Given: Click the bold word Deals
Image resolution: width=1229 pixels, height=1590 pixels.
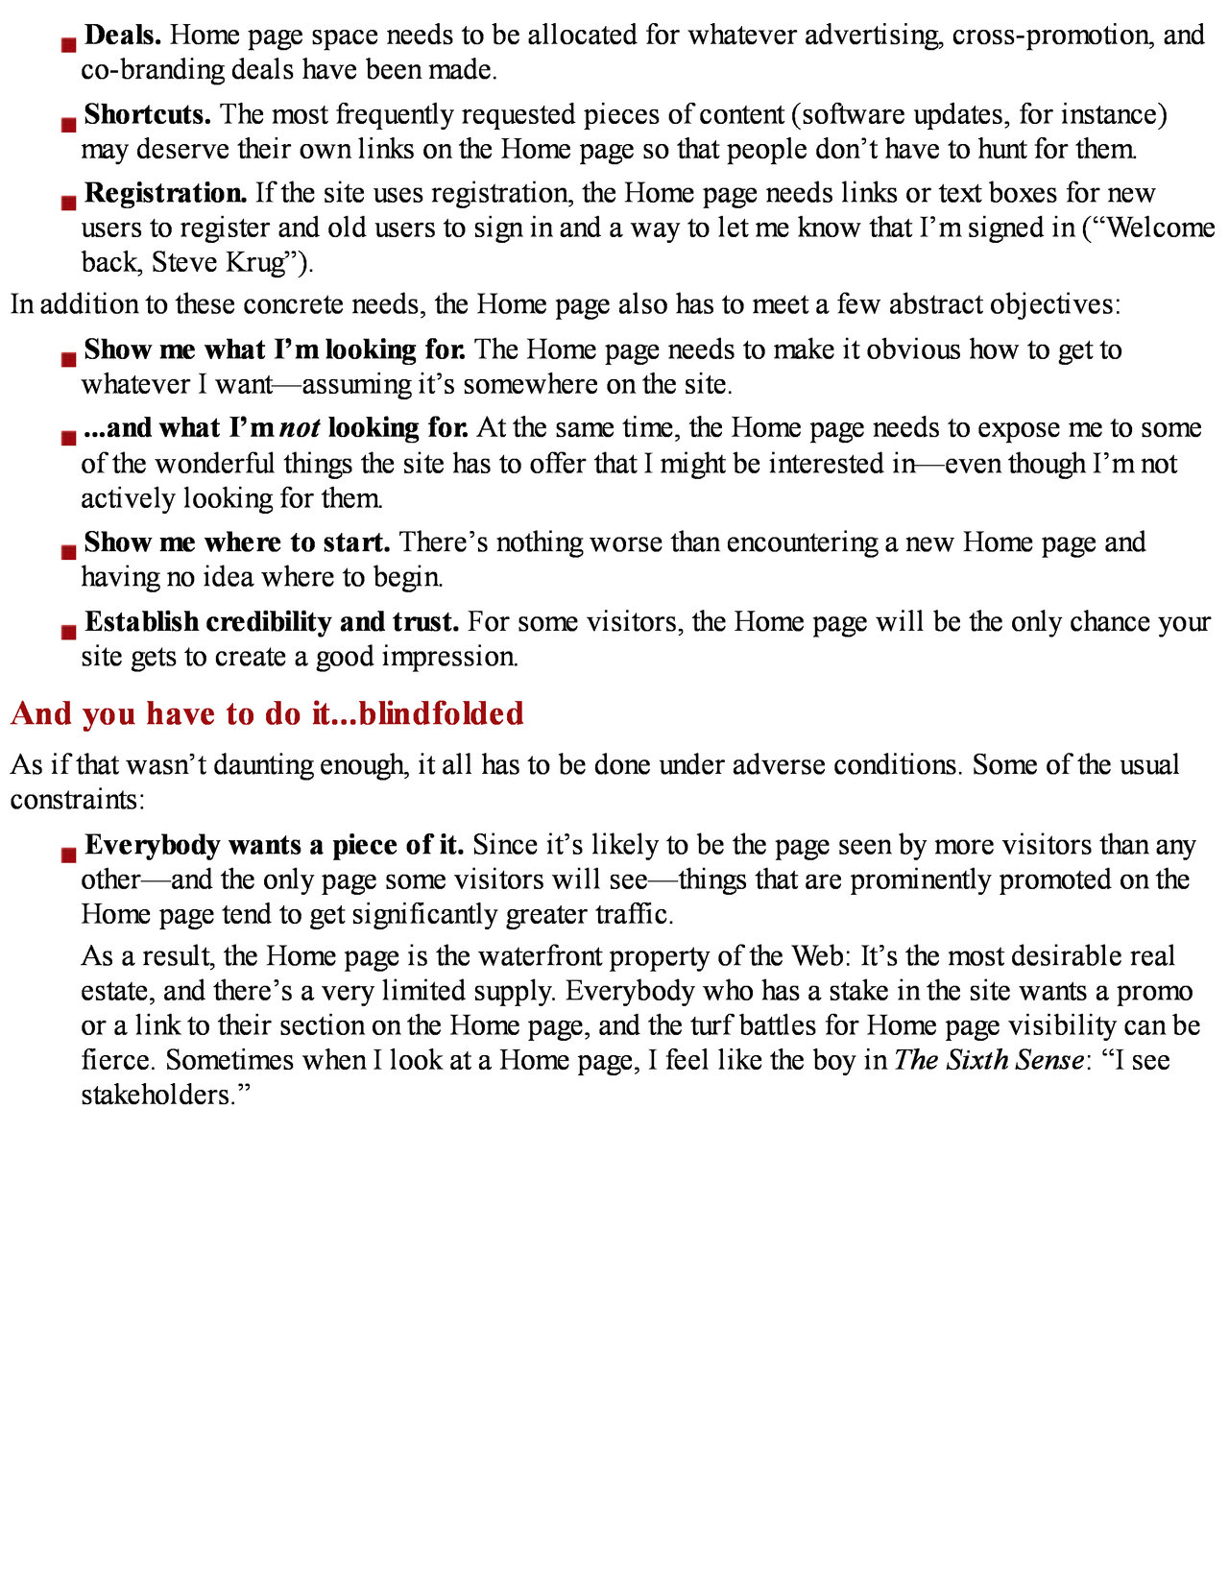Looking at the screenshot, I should pos(122,36).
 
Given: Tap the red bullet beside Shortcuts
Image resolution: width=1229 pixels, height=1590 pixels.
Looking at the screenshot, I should pos(68,124).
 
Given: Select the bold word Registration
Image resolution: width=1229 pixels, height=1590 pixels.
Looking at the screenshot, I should pos(165,193).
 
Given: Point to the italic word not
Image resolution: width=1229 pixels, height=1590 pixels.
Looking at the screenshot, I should pos(300,428).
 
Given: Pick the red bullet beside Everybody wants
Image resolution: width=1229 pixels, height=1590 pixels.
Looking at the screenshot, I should pos(68,855).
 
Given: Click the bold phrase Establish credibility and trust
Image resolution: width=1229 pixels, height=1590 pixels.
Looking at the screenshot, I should pos(272,622).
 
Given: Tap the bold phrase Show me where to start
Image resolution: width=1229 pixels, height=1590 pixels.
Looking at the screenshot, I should pos(236,542).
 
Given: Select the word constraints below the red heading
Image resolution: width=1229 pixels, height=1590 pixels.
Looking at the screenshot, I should pos(75,800).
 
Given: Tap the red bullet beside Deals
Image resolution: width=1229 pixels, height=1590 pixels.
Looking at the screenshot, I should pos(68,44).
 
